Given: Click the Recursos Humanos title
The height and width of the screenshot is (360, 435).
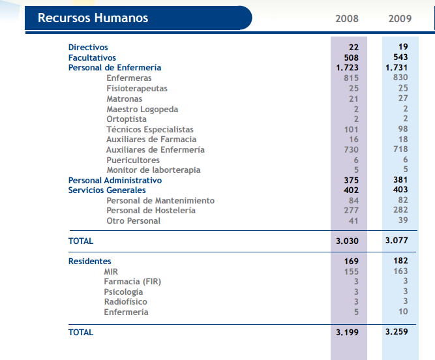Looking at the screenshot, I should [x=93, y=18].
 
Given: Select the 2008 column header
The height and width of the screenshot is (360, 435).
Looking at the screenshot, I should [x=347, y=18].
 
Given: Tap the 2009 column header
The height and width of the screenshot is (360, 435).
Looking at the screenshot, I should [x=400, y=18].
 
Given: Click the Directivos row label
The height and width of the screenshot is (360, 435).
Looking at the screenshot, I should [x=88, y=48].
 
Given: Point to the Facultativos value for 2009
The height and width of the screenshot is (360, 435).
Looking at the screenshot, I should [x=399, y=57].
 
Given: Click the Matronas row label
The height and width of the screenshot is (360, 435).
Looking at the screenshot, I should [x=124, y=99].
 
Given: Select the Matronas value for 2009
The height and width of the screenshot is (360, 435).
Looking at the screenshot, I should [x=402, y=99].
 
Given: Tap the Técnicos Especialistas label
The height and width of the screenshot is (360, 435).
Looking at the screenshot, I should [x=150, y=130].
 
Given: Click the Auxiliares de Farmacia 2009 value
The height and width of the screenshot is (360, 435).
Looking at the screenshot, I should [x=402, y=140].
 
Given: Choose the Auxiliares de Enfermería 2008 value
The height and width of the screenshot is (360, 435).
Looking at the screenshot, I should [x=350, y=150].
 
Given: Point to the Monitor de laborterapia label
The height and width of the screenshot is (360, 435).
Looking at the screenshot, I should [x=153, y=170].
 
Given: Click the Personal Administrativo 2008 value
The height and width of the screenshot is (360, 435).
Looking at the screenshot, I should [x=350, y=180].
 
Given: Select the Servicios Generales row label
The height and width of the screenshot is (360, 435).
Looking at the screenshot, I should [x=107, y=190].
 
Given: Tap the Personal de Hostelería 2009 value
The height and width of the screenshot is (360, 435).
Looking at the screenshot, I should [x=400, y=211].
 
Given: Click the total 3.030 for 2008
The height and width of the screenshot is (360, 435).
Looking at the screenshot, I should [x=347, y=241].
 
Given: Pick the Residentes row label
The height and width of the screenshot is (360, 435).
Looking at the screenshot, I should [x=89, y=262].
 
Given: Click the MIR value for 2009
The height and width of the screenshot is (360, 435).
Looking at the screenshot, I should [x=400, y=271].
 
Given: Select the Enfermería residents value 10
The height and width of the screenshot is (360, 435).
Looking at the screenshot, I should [x=402, y=312].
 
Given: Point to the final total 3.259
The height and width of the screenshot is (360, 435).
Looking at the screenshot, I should [x=397, y=333].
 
